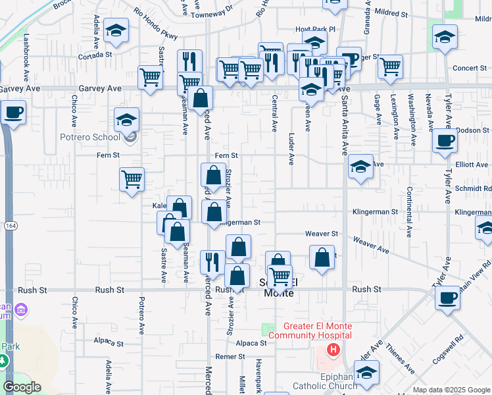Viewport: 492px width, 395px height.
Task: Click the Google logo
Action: coord(22,387)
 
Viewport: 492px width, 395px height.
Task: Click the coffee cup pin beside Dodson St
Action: coord(445,140)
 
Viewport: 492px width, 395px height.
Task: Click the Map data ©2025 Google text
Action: coord(451,390)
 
